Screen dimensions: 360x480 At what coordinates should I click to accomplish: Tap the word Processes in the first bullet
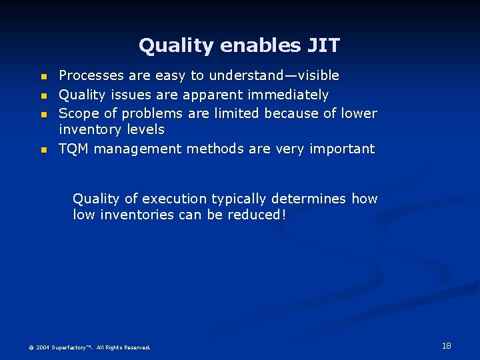click(90, 76)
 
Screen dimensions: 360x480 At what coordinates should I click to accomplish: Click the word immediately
click(290, 95)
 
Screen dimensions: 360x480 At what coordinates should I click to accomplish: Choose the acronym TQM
click(74, 149)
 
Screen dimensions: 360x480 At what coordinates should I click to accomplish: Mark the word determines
click(312, 199)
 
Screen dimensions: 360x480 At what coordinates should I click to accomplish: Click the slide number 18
click(446, 345)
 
